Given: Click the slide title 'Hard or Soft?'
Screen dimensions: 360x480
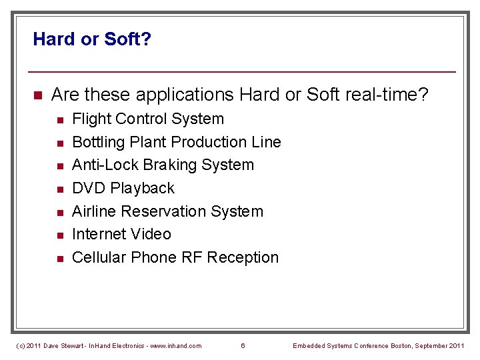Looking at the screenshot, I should pos(92,39).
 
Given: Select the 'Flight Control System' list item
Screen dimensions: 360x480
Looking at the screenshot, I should pos(147,119).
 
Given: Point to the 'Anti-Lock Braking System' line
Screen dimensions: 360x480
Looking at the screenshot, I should pos(163,165).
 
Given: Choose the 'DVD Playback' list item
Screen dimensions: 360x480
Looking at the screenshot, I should pos(123,188).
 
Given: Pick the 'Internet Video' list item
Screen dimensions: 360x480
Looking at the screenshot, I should pos(121,234).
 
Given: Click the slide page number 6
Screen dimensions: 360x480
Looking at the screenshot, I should pos(243,345).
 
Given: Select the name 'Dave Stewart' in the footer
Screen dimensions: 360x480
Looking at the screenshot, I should pos(58,345).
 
